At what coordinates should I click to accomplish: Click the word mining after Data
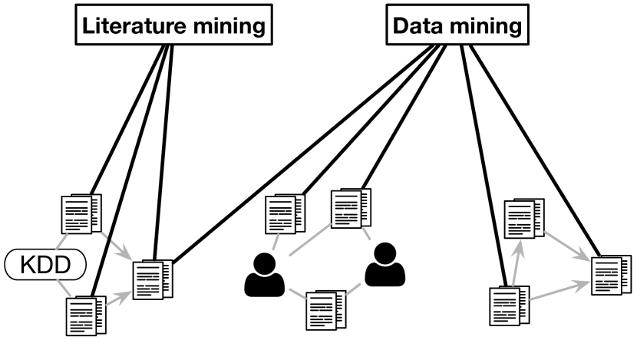tap(487, 26)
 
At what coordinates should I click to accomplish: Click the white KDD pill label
tap(45, 266)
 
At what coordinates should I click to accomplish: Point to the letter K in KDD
tap(28, 266)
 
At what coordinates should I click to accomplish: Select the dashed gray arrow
tap(116, 246)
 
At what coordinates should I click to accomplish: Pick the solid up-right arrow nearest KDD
tap(119, 298)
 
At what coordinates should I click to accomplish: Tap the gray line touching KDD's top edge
tap(64, 241)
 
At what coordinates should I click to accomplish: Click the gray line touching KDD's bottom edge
tap(64, 289)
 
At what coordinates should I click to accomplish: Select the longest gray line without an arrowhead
tap(310, 239)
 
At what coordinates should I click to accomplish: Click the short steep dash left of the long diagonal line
tap(276, 242)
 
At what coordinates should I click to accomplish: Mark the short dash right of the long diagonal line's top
tap(367, 233)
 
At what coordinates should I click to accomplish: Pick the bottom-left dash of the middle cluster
tap(298, 293)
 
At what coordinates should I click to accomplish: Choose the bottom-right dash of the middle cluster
tap(353, 289)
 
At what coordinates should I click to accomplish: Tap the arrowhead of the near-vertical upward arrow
tap(520, 246)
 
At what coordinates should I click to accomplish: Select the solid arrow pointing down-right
tap(566, 246)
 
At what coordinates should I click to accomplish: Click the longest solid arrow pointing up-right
tap(559, 290)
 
